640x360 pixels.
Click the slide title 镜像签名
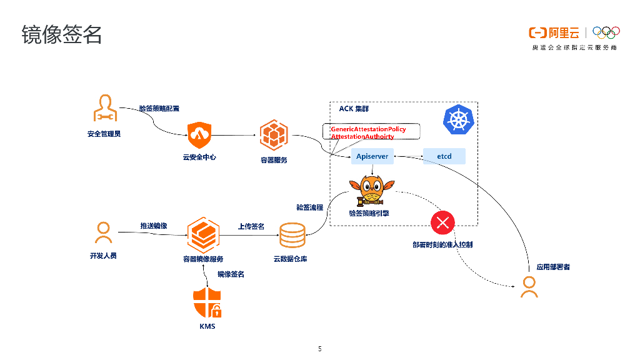tap(61, 35)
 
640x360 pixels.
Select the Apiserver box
tap(372, 156)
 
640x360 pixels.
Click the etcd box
tap(444, 156)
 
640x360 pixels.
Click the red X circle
tap(443, 222)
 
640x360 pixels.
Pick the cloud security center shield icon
tap(199, 134)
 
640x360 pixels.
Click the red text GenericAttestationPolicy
tap(368, 129)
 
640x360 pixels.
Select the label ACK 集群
tap(354, 109)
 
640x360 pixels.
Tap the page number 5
tap(320, 349)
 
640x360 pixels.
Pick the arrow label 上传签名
tap(251, 226)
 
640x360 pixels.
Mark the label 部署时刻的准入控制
tap(442, 245)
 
